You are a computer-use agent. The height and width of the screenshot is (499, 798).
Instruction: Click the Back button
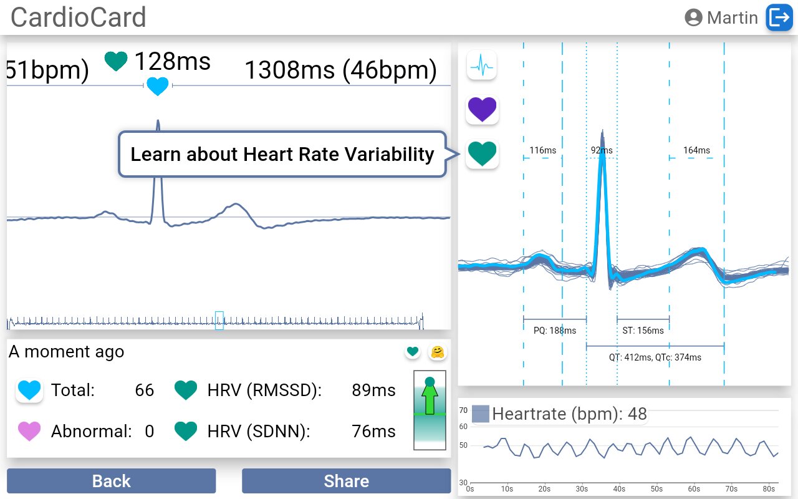pyautogui.click(x=111, y=481)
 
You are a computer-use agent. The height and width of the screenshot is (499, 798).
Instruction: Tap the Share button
pyautogui.click(x=346, y=481)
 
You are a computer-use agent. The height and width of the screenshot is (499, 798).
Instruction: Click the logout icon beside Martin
pyautogui.click(x=779, y=17)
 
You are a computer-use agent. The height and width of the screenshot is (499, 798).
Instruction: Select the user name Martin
pyautogui.click(x=732, y=17)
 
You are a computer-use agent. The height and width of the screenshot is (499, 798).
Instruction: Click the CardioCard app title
pyautogui.click(x=79, y=17)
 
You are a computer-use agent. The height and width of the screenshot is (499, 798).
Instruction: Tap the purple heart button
pyautogui.click(x=482, y=110)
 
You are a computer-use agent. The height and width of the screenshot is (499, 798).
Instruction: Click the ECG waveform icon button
pyautogui.click(x=482, y=64)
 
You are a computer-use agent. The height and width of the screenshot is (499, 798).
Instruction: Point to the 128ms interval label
pyautogui.click(x=172, y=62)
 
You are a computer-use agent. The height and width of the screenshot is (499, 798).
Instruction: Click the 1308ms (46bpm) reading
pyautogui.click(x=340, y=70)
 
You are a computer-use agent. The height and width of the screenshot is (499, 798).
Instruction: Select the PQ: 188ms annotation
pyautogui.click(x=555, y=330)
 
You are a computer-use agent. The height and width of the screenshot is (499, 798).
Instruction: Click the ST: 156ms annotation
pyautogui.click(x=643, y=330)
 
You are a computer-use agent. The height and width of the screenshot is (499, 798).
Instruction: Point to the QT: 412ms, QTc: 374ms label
pyautogui.click(x=655, y=357)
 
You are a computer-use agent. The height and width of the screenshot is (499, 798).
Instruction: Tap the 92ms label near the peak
pyautogui.click(x=602, y=150)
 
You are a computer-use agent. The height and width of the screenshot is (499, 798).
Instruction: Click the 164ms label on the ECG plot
pyautogui.click(x=696, y=150)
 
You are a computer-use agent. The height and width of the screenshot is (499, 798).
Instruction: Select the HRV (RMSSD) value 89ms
pyautogui.click(x=373, y=390)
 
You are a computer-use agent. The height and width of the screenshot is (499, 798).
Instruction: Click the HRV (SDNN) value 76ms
pyautogui.click(x=373, y=431)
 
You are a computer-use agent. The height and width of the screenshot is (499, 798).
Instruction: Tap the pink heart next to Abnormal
pyautogui.click(x=29, y=431)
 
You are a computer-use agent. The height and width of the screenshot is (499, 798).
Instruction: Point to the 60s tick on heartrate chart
pyautogui.click(x=694, y=489)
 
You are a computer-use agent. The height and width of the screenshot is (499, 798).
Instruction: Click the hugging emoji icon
pyautogui.click(x=438, y=352)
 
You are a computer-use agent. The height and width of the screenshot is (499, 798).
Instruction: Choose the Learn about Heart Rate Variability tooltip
pyautogui.click(x=282, y=154)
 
